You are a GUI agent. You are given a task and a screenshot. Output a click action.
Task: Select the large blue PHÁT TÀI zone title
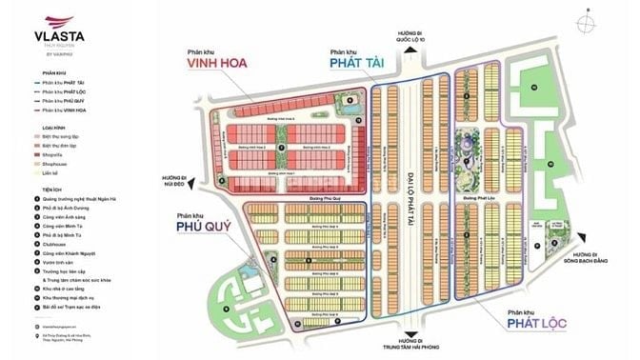pos(356,65)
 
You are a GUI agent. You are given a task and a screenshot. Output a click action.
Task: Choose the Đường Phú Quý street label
pos(307,200)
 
